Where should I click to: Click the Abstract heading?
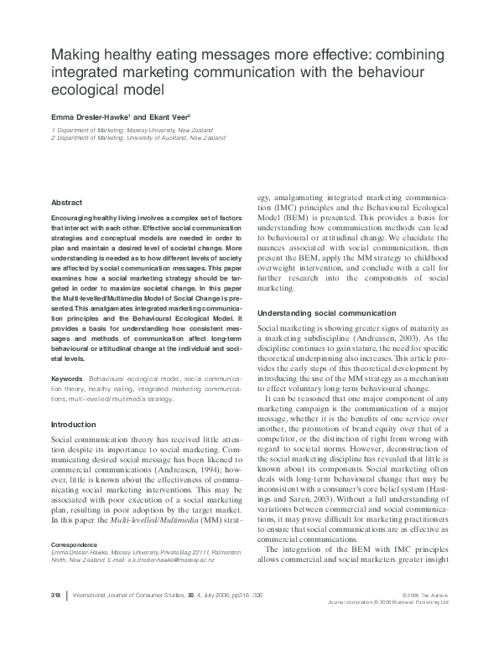click(66, 203)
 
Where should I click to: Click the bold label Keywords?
click(67, 379)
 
